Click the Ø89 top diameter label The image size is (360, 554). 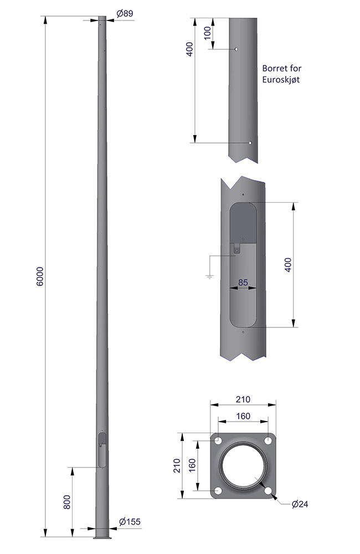point(125,13)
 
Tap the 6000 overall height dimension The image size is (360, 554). point(40,276)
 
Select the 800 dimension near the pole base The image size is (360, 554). point(67,502)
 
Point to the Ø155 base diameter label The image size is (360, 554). point(130,521)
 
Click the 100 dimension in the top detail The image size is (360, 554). point(207,33)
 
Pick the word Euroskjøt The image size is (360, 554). point(281,79)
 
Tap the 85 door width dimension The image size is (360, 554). point(243,283)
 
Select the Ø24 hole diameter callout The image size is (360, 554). point(300,504)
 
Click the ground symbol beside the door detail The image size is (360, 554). point(209,277)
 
